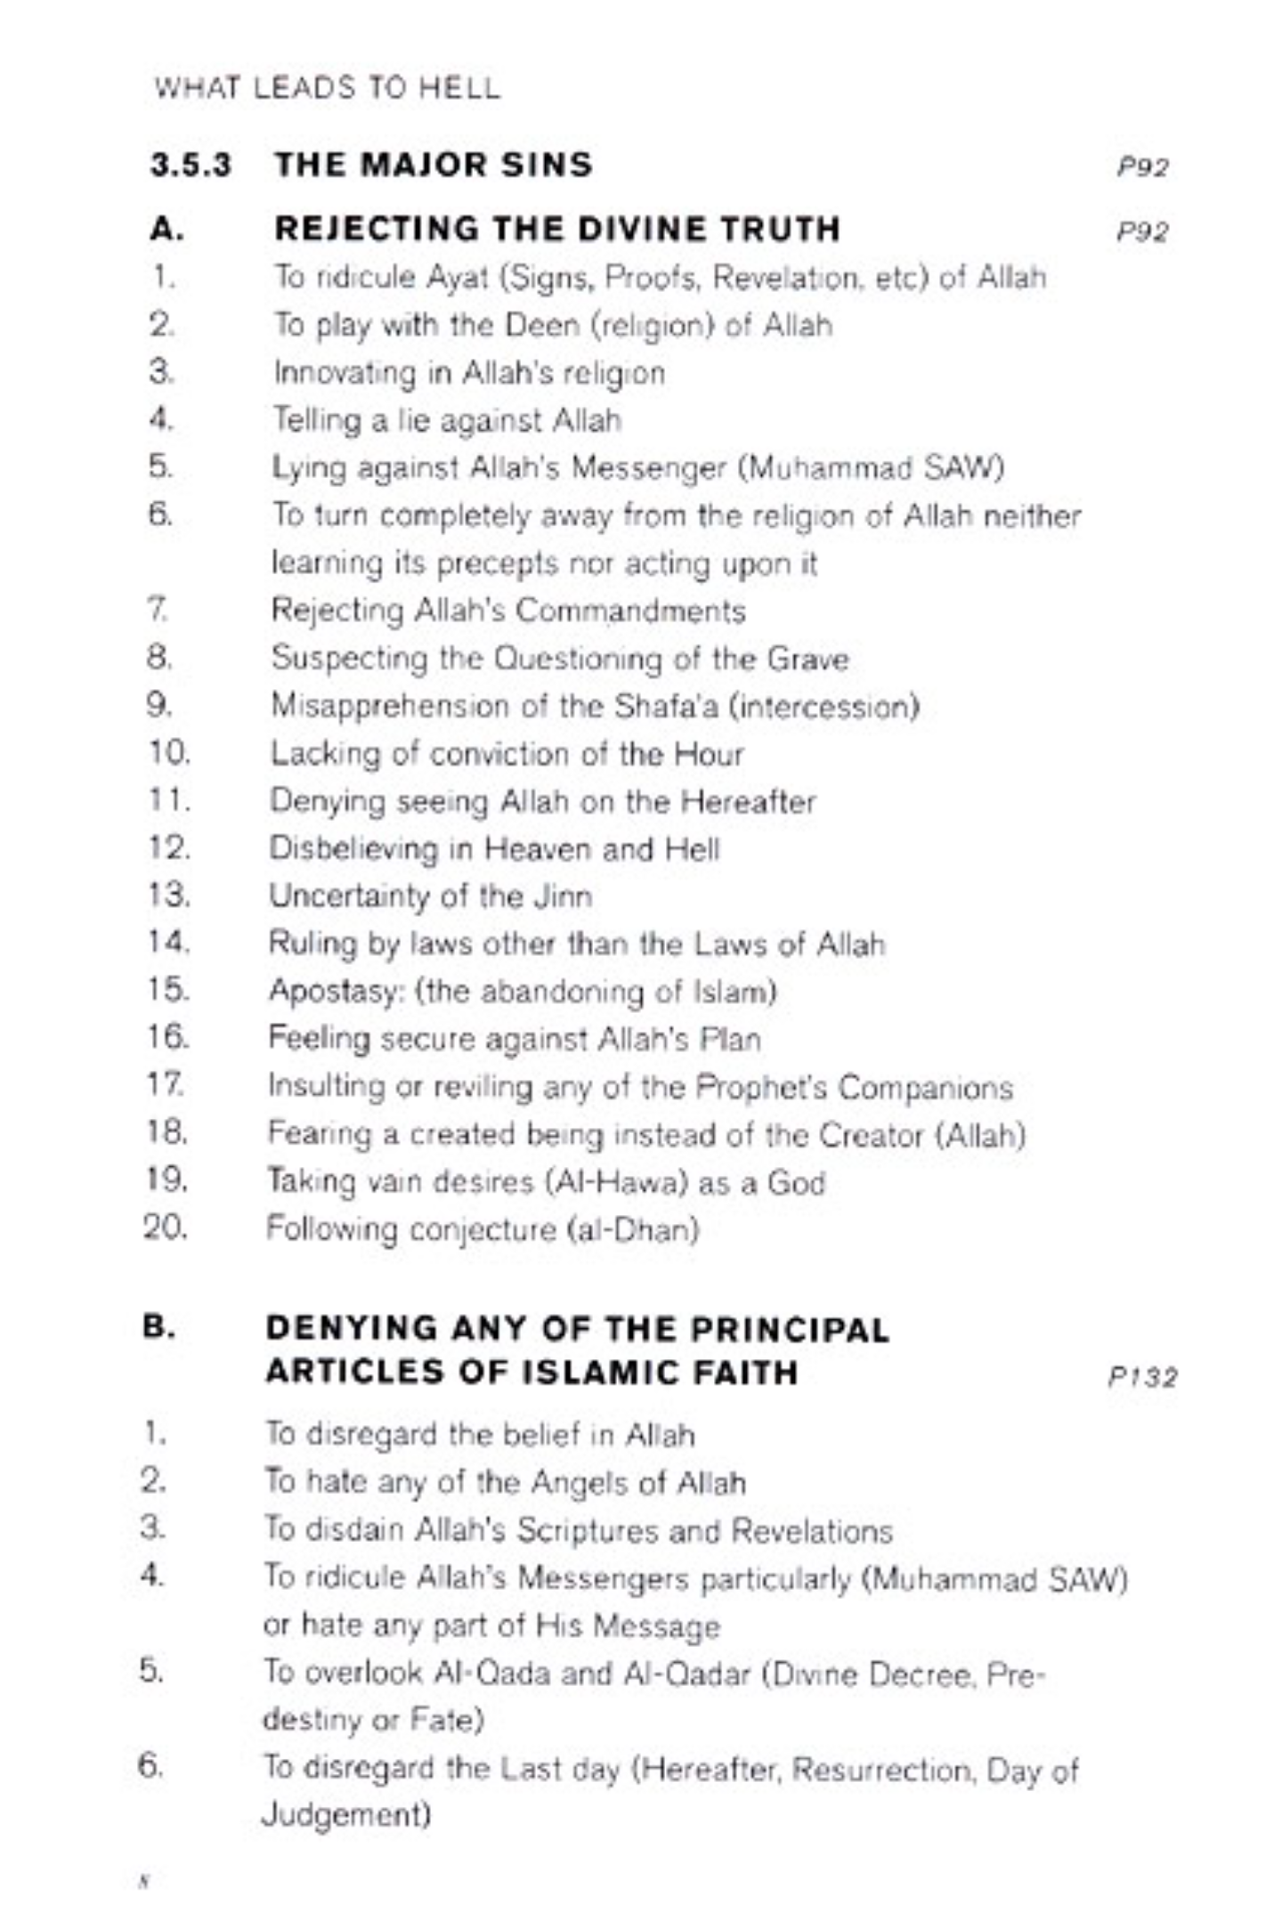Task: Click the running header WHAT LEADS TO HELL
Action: [x=327, y=87]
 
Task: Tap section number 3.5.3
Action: [x=191, y=165]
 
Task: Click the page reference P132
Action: [x=1142, y=1377]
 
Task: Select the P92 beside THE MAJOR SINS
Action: [x=1142, y=166]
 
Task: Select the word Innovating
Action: [x=345, y=372]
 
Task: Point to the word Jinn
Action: [x=563, y=896]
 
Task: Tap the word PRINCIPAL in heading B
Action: [x=789, y=1329]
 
